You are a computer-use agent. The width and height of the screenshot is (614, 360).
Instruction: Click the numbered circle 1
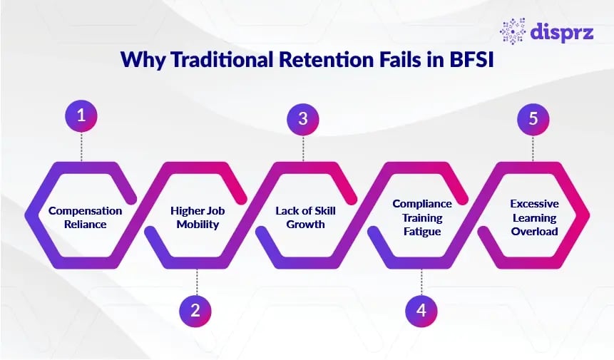pos(81,116)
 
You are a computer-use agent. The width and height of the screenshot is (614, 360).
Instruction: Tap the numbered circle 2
pos(195,310)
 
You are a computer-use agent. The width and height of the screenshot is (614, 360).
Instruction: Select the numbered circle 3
pos(303,118)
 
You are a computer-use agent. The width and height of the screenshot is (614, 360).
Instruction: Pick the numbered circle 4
pos(421,310)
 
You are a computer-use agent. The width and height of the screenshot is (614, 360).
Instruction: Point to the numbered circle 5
pos(533,118)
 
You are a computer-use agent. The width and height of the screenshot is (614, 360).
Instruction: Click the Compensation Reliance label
pos(85,217)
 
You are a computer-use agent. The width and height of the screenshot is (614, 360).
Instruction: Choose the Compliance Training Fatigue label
pos(421,217)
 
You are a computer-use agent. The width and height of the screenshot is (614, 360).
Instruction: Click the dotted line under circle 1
pos(81,147)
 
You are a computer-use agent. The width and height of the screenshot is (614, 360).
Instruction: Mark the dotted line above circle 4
pos(421,281)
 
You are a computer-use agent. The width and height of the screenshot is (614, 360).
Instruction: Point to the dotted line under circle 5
pos(533,148)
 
